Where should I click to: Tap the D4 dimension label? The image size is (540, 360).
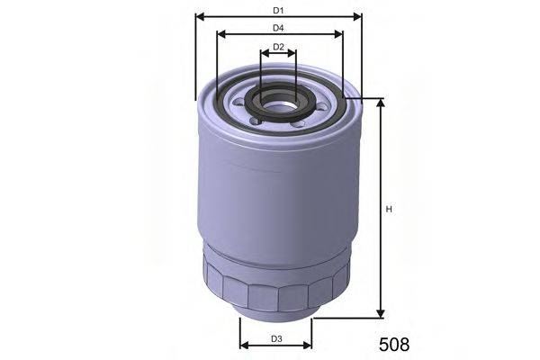click(279, 28)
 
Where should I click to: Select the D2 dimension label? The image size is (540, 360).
click(279, 46)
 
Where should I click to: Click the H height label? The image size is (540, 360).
click(390, 210)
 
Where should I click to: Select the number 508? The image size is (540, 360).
click(392, 344)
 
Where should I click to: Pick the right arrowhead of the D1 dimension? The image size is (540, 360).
click(357, 16)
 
